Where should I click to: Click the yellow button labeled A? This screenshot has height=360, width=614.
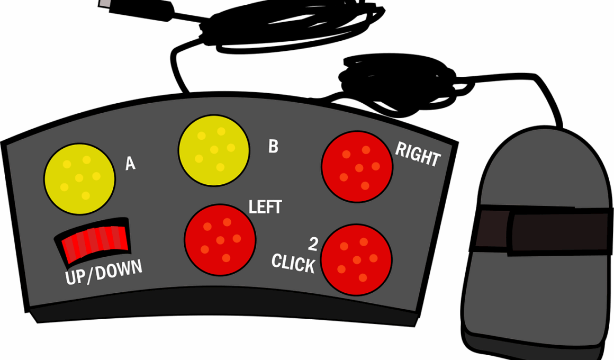pos(79,179)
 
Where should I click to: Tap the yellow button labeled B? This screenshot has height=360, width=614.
pos(214,150)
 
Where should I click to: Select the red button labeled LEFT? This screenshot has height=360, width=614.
pos(220,240)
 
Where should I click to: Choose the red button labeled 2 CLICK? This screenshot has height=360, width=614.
pos(356,260)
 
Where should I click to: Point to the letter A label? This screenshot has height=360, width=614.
pos(130,164)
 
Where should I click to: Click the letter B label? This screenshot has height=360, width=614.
pos(273,147)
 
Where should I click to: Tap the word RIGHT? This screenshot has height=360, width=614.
pos(418,155)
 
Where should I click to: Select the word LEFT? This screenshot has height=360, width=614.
pos(265,208)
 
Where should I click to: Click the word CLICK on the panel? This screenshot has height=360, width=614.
pos(293,263)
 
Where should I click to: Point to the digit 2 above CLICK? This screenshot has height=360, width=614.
pos(313,244)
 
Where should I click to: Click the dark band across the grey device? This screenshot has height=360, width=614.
pos(545,231)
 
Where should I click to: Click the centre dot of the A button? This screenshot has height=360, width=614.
pos(79,178)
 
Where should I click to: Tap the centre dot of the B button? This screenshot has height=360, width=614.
pos(214,150)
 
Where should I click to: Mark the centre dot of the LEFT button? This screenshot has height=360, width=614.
pos(220,240)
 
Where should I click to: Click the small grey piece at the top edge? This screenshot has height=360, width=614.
pos(105,3)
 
